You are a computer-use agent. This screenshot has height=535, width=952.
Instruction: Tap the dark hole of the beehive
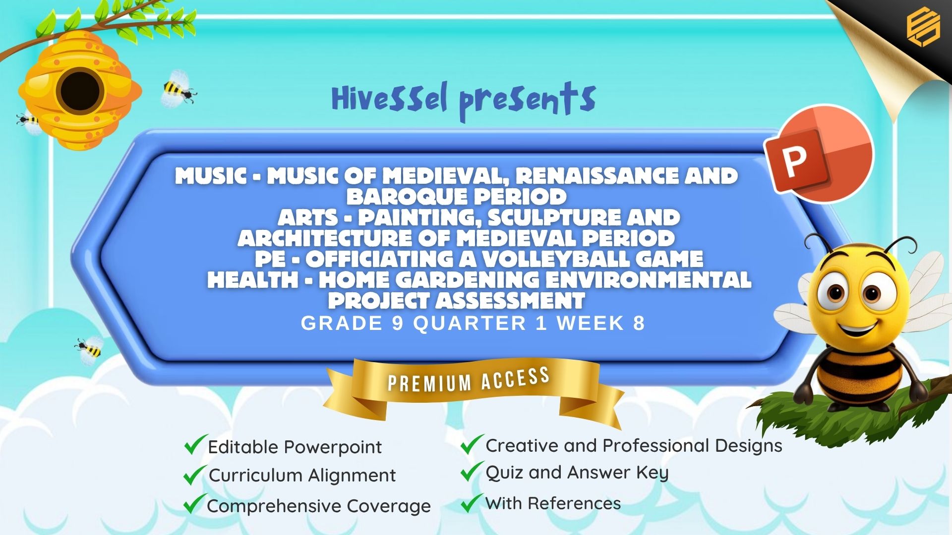click(x=80, y=91)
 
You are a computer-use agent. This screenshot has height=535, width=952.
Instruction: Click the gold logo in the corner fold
click(x=923, y=27)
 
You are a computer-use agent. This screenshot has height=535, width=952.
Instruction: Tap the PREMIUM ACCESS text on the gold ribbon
click(x=469, y=380)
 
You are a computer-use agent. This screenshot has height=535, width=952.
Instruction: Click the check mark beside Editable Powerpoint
click(x=195, y=444)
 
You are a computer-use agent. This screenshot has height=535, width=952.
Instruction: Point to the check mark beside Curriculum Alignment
click(x=195, y=475)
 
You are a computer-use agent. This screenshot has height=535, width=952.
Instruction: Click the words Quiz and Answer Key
click(x=577, y=473)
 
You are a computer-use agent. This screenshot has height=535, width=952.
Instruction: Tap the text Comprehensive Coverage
click(x=319, y=506)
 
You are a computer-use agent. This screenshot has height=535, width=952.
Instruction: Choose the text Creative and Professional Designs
click(x=634, y=446)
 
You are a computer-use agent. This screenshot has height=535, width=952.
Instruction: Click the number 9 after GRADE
click(x=398, y=323)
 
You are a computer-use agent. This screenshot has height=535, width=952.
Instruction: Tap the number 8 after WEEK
click(x=639, y=323)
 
